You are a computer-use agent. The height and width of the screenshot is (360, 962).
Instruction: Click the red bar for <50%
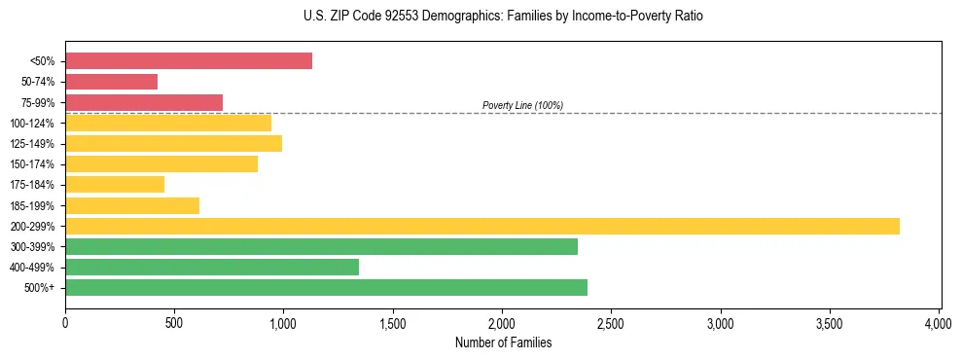tap(189, 60)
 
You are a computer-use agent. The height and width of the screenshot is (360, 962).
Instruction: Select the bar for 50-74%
tap(111, 82)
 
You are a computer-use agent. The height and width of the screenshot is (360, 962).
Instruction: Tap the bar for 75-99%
tap(144, 102)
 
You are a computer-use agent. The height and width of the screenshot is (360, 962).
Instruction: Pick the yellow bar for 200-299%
tap(481, 226)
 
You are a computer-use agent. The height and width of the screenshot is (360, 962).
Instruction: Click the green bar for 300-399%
tap(321, 246)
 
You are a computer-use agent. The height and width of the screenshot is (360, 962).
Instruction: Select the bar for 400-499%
tap(212, 267)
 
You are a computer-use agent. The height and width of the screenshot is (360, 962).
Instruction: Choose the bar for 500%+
tap(326, 287)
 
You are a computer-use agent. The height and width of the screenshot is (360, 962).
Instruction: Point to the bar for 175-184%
tap(115, 184)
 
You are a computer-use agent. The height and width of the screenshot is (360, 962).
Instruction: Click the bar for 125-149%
tap(173, 143)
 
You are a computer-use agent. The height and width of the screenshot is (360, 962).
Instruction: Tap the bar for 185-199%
tap(132, 205)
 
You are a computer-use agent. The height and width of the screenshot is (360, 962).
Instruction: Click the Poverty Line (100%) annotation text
tap(522, 105)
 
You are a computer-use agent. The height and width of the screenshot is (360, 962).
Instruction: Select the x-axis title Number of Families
tap(502, 342)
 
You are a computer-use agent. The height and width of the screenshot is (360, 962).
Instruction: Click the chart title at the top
tap(502, 17)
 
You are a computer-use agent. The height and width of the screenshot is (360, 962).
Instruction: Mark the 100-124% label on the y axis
tap(32, 124)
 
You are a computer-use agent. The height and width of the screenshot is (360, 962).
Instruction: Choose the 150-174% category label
tap(32, 164)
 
